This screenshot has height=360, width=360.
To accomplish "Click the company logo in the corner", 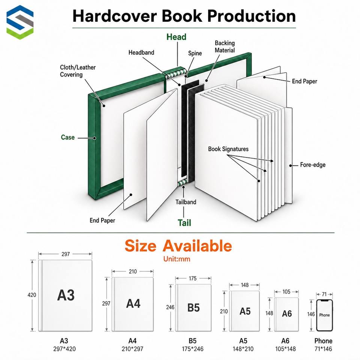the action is click(20, 22).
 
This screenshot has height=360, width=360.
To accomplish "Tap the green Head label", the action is click(176, 37).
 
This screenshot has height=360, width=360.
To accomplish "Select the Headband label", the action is click(141, 52).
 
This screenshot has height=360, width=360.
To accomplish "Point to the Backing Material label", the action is click(225, 46).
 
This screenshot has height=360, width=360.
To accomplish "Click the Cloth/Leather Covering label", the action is click(78, 71).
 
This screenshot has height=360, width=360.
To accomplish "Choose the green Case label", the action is click(68, 137).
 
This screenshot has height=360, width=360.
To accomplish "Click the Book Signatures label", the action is click(228, 149).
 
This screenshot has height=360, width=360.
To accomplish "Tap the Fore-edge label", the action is click(313, 165).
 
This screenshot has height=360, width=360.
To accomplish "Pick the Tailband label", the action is click(186, 202).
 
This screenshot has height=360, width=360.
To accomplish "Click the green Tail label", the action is click(184, 223).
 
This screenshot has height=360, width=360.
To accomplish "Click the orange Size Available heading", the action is click(178, 246).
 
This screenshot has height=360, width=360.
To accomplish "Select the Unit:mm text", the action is click(177, 259).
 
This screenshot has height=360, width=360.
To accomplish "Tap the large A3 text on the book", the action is click(66, 295).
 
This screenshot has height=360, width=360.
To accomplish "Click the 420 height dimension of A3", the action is click(31, 295).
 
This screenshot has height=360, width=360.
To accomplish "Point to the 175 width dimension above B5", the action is click(193, 279).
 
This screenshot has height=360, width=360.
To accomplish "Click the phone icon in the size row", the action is click(324, 315).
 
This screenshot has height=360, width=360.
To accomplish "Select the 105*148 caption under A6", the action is click(285, 349).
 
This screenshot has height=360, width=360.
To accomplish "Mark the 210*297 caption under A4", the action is click(132, 349).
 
